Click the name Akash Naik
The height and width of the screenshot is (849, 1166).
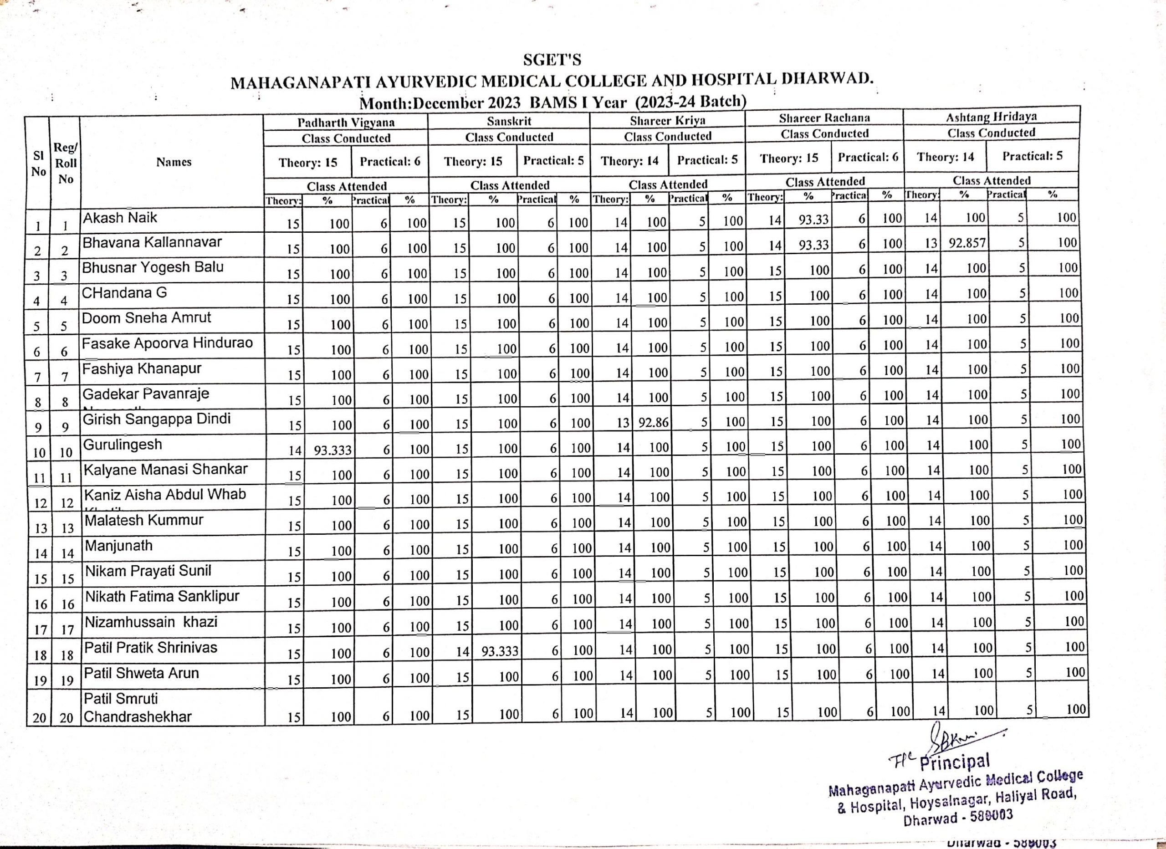point(120,218)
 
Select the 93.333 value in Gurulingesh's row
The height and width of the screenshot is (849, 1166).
point(332,450)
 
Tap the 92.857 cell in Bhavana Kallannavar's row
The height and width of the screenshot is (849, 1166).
point(967,243)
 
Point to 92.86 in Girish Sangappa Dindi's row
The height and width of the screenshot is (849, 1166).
point(654,423)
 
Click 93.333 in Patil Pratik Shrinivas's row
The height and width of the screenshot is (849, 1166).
point(500,651)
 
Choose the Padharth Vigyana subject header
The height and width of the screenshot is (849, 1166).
point(346,123)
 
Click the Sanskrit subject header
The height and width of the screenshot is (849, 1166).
point(509,121)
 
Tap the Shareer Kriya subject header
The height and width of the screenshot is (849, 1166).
point(667,120)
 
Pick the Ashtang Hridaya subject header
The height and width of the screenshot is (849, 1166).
point(991,117)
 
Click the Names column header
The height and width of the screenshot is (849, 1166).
point(174,162)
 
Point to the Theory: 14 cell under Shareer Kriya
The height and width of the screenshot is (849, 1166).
point(629,161)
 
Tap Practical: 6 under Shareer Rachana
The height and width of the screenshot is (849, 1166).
point(868,157)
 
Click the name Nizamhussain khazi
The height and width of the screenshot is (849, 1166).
point(151,622)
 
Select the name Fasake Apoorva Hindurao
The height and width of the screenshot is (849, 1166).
point(167,343)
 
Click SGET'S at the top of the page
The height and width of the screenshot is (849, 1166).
point(552,61)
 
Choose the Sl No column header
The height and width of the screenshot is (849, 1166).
point(38,164)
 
